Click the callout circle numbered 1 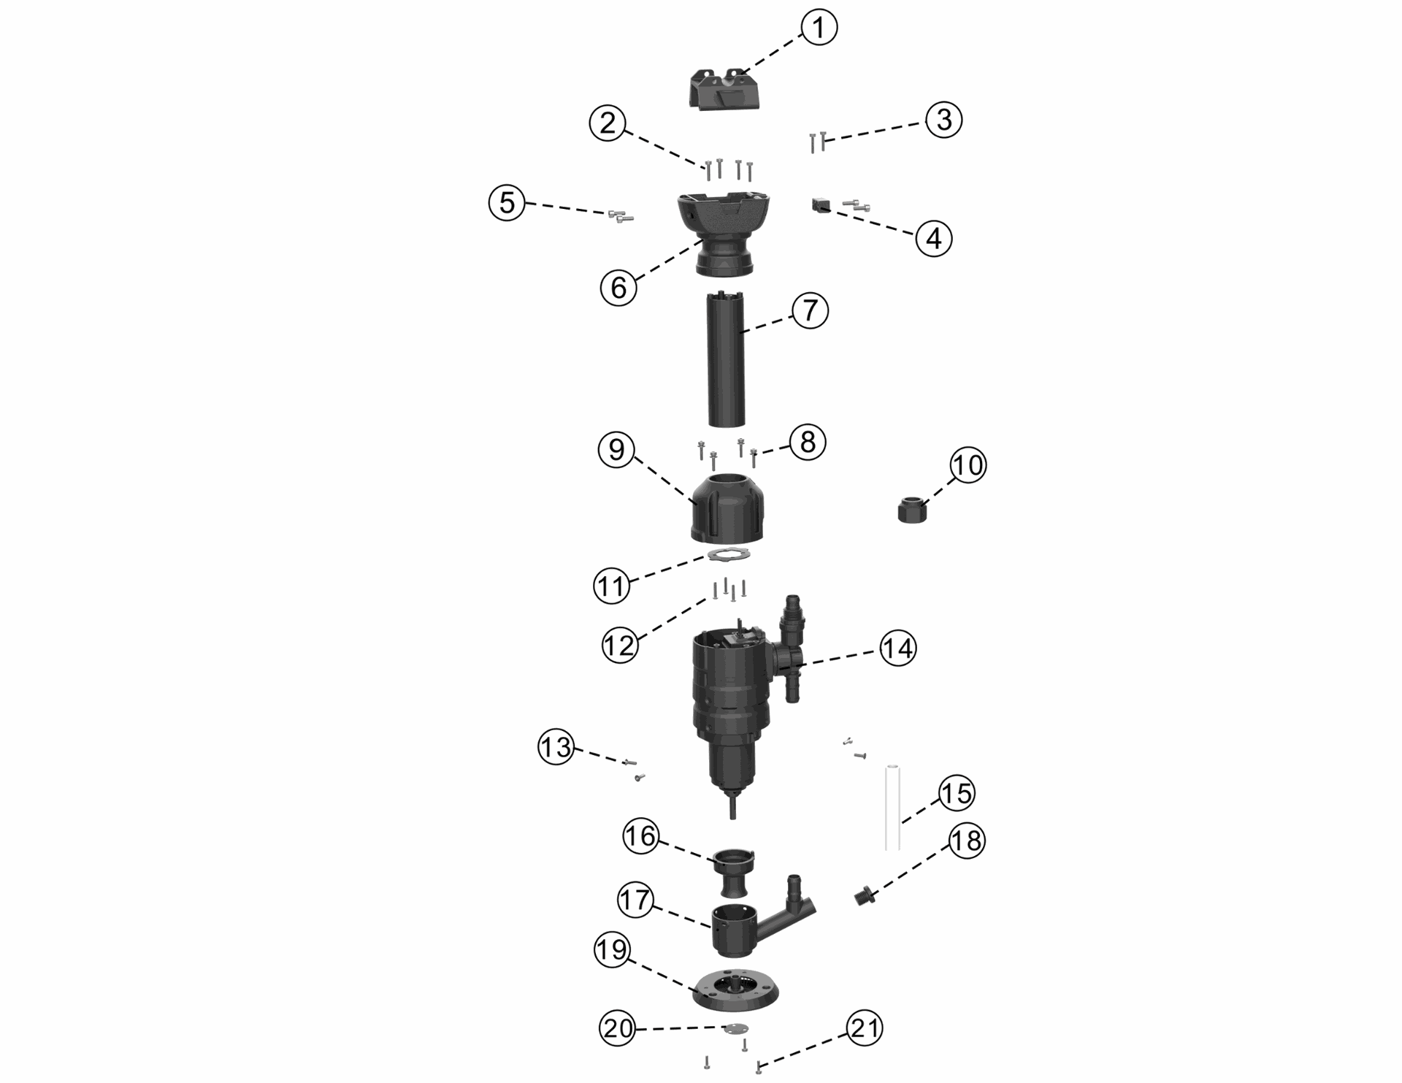819,28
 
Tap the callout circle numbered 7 810,310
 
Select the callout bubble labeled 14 897,648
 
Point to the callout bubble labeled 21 865,1028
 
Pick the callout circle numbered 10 968,465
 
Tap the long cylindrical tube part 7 726,359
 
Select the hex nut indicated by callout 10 912,508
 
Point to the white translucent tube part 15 892,808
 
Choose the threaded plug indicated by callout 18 862,896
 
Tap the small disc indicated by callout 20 735,1028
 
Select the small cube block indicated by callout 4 820,204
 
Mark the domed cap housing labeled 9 727,509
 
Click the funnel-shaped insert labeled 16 734,873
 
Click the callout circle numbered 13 556,748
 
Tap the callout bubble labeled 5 507,203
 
